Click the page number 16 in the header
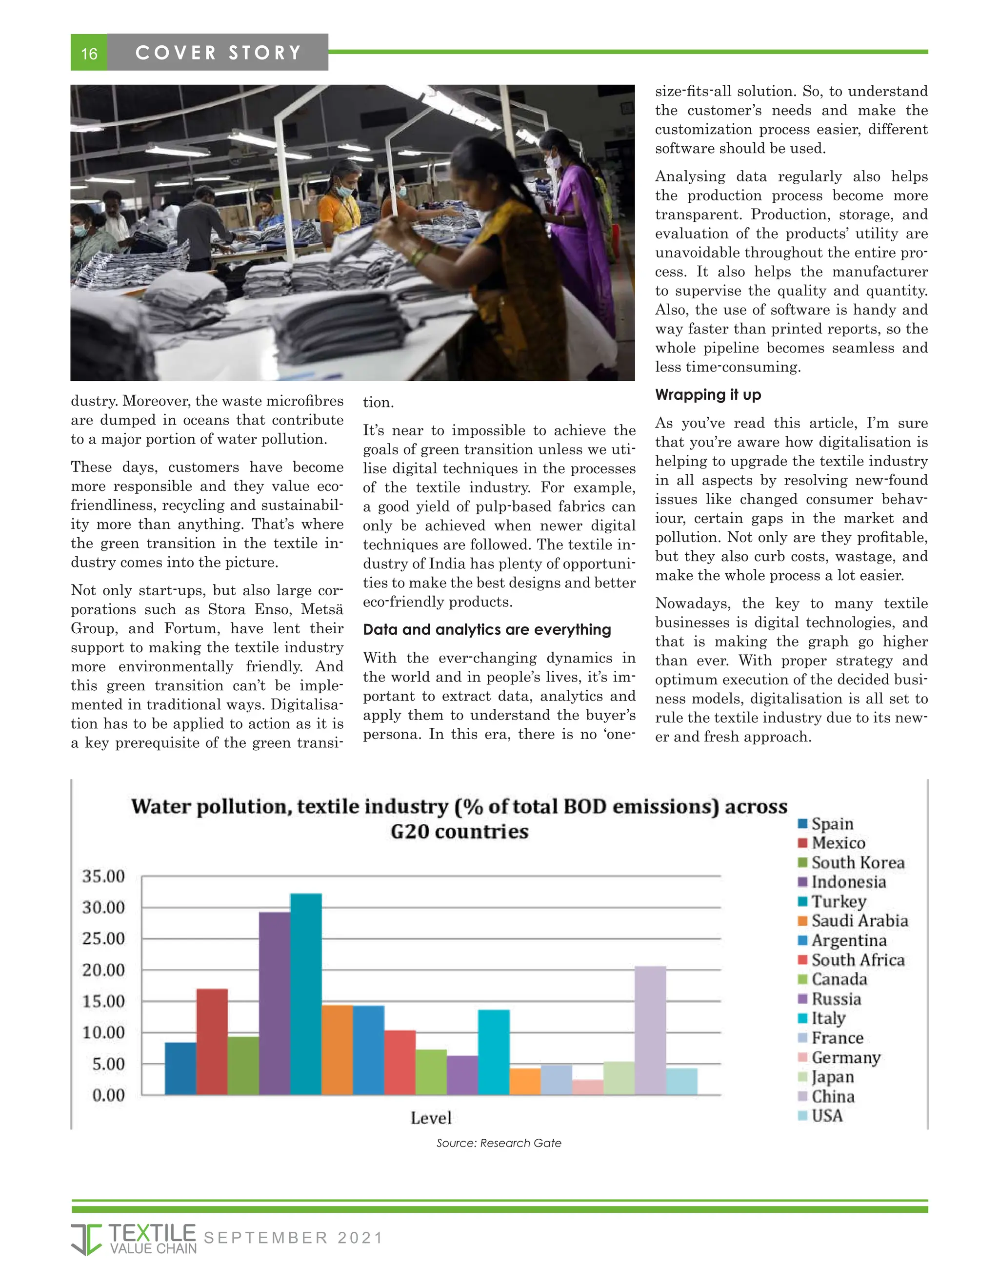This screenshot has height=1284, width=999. (89, 53)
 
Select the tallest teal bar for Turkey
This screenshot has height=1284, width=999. (305, 993)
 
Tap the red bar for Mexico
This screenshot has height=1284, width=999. (212, 1041)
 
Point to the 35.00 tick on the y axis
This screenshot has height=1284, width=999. (103, 876)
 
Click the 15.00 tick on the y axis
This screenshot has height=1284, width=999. (103, 1001)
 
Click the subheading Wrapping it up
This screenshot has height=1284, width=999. (708, 394)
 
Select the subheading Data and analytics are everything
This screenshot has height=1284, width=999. (486, 630)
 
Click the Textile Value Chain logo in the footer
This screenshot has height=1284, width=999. (134, 1238)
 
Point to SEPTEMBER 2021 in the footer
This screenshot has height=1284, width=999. (292, 1238)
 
